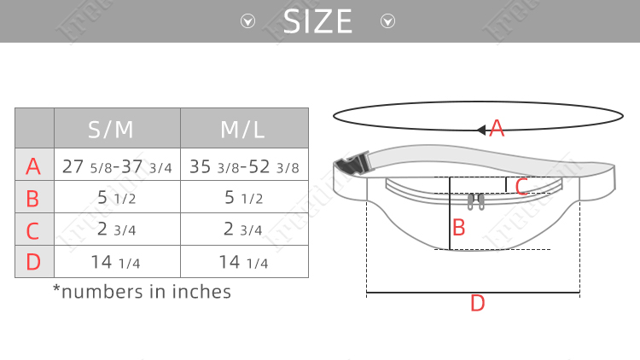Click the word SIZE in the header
[317, 21]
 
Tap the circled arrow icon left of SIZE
[248, 21]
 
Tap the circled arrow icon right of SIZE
[387, 21]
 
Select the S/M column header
[117, 129]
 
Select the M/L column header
[244, 129]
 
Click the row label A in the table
[33, 166]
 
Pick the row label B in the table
[33, 199]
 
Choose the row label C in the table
[33, 230]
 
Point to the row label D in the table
[33, 262]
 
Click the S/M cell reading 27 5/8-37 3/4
[117, 166]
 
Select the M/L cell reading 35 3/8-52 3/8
[244, 166]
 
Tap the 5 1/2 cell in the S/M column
[117, 199]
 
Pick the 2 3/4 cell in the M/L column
[244, 230]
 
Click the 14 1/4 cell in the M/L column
[244, 262]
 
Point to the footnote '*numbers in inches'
[142, 292]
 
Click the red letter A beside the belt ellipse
[497, 130]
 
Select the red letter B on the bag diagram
[458, 228]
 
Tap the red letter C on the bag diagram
[522, 187]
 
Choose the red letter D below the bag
[477, 304]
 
